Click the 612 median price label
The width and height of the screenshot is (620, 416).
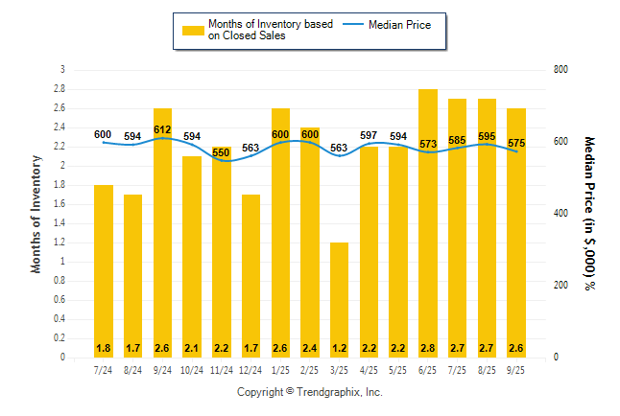tap(162, 129)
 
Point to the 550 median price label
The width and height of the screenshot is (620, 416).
tap(222, 152)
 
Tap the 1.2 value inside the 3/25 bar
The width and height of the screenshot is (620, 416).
tap(340, 346)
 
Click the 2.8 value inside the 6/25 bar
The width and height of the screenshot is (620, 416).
tap(428, 346)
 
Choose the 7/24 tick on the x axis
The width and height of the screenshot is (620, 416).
tap(104, 369)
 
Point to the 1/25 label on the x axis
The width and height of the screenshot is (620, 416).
tap(280, 369)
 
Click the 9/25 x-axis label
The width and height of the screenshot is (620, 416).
tap(516, 369)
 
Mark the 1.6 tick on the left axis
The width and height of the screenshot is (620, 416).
tap(60, 203)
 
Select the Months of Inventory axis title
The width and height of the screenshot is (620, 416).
tap(36, 213)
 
